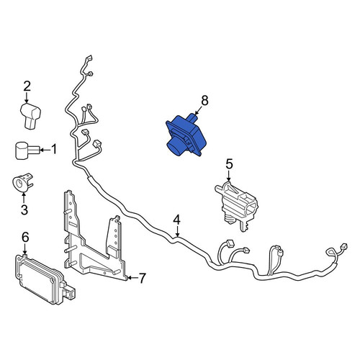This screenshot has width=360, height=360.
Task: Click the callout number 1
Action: click(x=54, y=149)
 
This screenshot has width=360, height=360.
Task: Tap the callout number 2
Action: click(x=27, y=86)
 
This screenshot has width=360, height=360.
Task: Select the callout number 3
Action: click(x=24, y=210)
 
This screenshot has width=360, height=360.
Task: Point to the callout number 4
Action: click(x=176, y=220)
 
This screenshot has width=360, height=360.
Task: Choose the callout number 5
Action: click(x=229, y=164)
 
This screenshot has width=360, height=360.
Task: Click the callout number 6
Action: click(x=25, y=237)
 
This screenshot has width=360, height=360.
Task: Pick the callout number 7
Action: click(x=142, y=279)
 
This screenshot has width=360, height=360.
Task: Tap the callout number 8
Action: click(x=204, y=101)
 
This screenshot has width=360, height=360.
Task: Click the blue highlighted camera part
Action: click(x=186, y=135)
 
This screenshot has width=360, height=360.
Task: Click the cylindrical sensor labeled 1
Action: click(x=25, y=150)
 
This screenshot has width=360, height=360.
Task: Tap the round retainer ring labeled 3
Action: click(x=22, y=183)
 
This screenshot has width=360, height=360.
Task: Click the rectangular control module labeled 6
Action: click(x=45, y=279)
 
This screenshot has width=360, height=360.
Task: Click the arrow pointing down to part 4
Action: click(x=177, y=232)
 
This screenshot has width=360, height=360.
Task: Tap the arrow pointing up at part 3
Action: click(x=24, y=197)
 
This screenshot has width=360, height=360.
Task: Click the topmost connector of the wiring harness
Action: click(x=89, y=58)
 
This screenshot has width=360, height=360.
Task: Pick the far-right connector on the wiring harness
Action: click(x=343, y=247)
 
